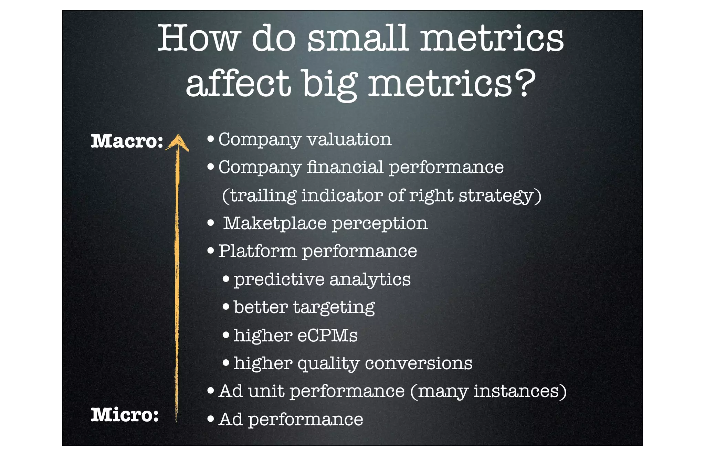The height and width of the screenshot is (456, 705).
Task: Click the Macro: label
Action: pos(127,141)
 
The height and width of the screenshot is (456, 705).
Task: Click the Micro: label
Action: pos(125,414)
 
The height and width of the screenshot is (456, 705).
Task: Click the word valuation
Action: pos(349,139)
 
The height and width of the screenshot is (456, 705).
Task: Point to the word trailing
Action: pos(263,195)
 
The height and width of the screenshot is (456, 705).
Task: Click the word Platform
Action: pos(257,251)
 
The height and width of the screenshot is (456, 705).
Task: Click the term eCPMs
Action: pos(327,335)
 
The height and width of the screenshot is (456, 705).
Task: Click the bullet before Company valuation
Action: pos(211,139)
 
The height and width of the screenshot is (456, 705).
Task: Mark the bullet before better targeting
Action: pos(226,306)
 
